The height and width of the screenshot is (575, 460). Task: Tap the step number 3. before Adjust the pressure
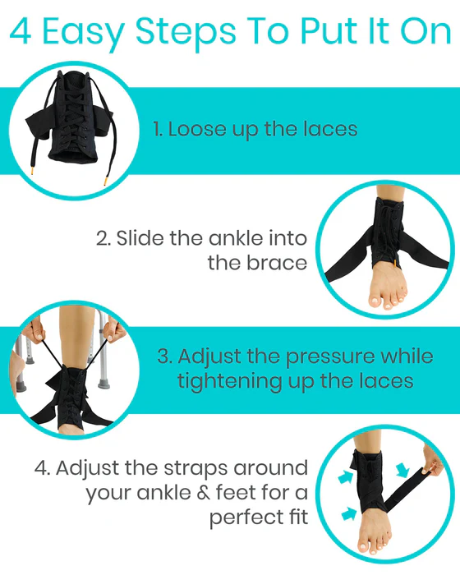coord(164,357)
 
